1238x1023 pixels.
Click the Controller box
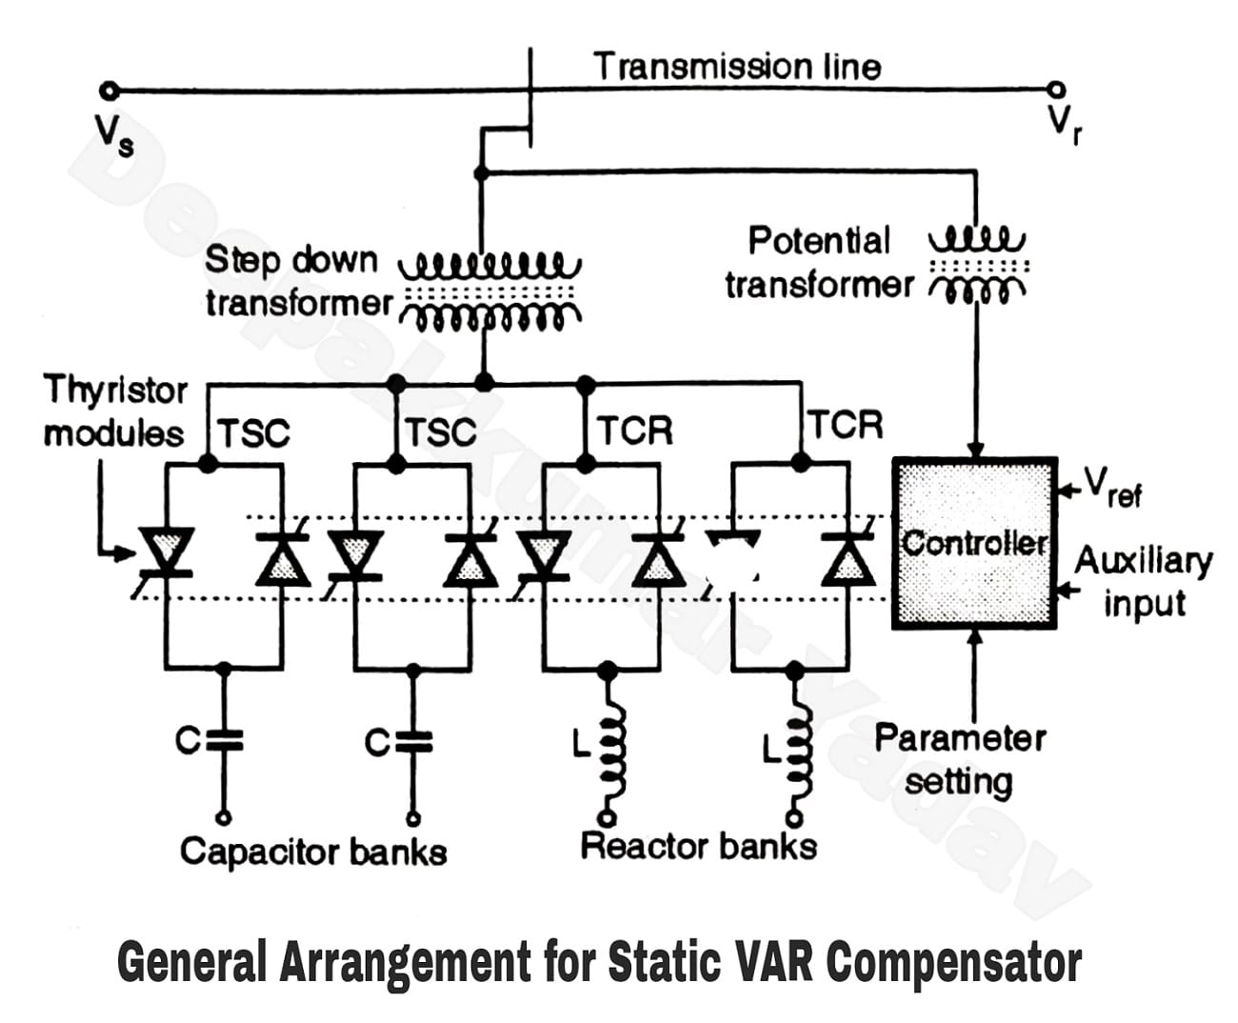(x=974, y=544)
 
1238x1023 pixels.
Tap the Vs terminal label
(x=113, y=134)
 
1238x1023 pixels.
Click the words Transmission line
(x=737, y=67)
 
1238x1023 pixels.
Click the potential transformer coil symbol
(x=976, y=263)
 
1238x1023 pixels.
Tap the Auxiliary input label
(x=1143, y=581)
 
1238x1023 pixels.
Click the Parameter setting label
(x=959, y=759)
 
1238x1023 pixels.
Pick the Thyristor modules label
(x=115, y=411)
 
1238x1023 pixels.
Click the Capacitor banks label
(x=313, y=851)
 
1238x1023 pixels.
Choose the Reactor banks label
(x=698, y=846)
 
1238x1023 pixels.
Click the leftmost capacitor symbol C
(x=223, y=741)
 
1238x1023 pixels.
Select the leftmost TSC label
(x=253, y=433)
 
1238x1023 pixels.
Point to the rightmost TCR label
(x=845, y=425)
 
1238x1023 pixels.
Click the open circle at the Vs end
(x=110, y=91)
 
